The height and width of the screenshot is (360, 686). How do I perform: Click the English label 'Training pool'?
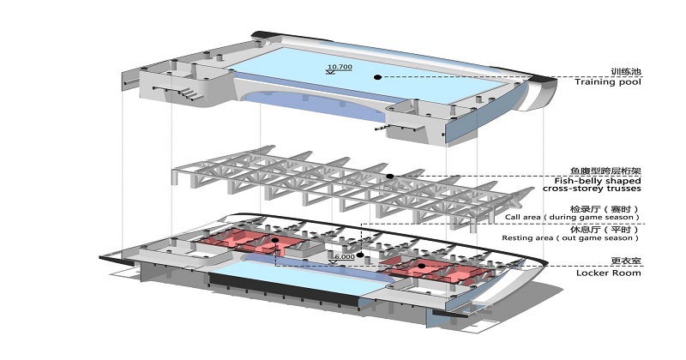point(608,81)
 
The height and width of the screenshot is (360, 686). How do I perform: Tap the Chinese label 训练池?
point(626,71)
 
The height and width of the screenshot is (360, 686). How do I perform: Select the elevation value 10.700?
point(340,67)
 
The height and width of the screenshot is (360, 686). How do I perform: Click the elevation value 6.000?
point(345,257)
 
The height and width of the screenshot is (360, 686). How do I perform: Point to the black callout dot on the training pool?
point(377,77)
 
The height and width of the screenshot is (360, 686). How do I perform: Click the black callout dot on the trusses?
point(390,177)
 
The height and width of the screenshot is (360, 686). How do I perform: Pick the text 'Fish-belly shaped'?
point(598,181)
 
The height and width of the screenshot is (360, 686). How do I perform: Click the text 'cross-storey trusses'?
point(592,189)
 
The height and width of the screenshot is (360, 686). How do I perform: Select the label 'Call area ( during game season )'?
point(572,217)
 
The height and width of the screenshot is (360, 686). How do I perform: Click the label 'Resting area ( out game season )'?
point(570,238)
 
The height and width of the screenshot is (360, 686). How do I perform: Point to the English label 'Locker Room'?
point(609,273)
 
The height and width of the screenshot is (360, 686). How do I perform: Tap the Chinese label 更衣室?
point(626,261)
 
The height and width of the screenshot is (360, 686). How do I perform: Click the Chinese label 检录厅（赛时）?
point(605,209)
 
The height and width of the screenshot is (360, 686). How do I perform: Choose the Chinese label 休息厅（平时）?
point(605,230)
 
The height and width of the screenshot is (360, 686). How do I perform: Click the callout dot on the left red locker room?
point(274,240)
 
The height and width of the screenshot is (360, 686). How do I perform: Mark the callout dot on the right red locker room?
point(421,266)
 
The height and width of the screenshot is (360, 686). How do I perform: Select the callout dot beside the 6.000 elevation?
point(360,255)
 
